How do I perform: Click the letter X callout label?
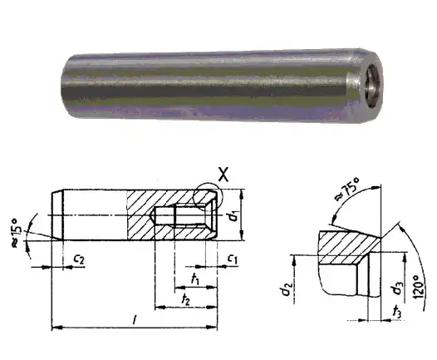[222, 174]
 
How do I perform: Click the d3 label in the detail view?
[387, 288]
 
